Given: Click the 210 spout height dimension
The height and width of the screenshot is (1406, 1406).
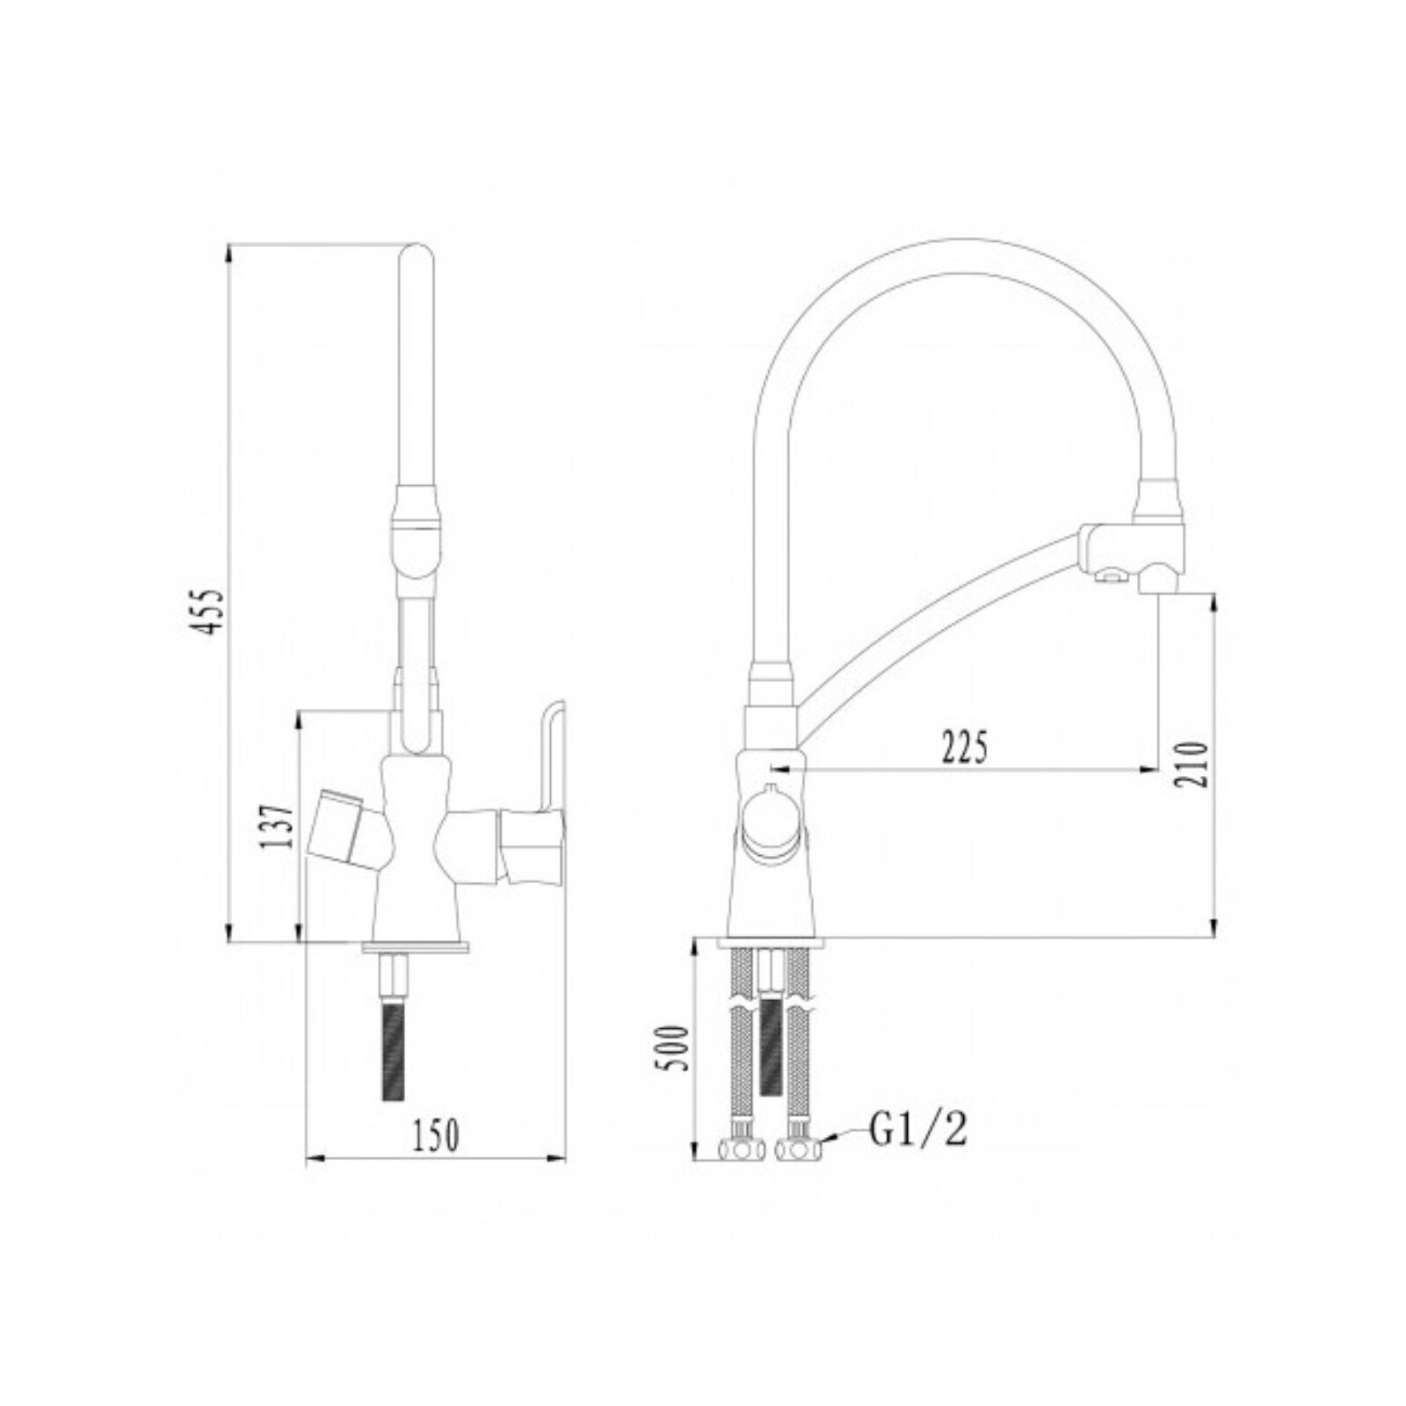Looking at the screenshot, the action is tap(1192, 764).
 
